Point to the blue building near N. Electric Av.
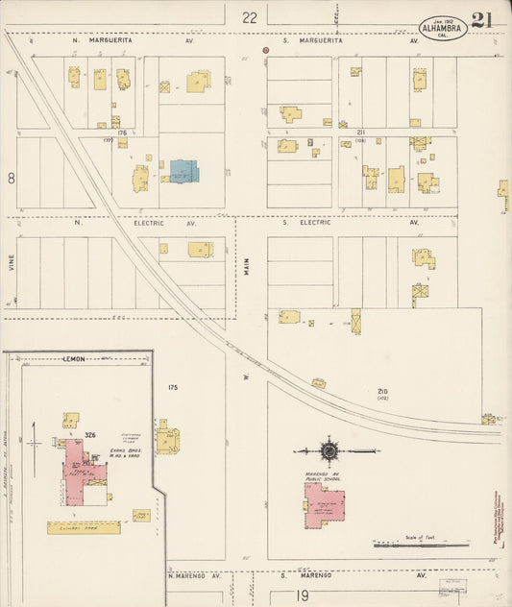(183, 172)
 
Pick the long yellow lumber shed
(85, 527)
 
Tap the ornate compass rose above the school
(329, 449)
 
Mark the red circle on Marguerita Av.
(267, 49)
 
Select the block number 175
(173, 387)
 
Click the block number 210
(382, 391)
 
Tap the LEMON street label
(74, 358)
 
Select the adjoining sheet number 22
(250, 16)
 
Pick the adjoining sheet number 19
(304, 595)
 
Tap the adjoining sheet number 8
(12, 178)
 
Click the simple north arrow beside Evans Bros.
(35, 440)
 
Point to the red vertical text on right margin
(504, 518)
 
